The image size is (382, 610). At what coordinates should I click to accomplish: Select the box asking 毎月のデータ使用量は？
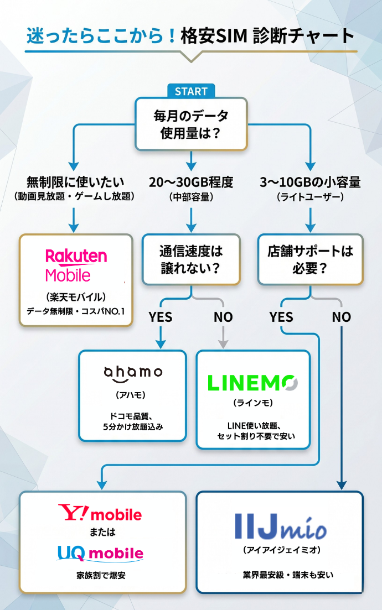coord(191,124)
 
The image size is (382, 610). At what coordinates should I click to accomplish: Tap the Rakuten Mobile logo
coord(76,265)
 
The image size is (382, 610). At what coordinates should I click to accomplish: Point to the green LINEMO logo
coord(252,383)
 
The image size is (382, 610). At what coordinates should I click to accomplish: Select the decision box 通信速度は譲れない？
coord(191,259)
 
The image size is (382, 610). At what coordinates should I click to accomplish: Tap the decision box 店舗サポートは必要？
coord(311,259)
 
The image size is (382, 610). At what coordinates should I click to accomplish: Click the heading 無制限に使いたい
coord(75,181)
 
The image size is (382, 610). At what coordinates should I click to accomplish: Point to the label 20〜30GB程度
coord(191,181)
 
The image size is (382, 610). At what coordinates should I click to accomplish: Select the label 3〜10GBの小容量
coord(310,181)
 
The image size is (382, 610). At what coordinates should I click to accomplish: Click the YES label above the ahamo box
coord(161,317)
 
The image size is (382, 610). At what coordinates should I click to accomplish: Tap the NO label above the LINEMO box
coord(223,317)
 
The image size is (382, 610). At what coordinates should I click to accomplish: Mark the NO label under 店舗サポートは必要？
coord(342,317)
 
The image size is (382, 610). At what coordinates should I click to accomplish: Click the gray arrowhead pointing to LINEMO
coord(223,344)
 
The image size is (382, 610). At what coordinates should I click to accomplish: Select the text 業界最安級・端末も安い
coord(280,575)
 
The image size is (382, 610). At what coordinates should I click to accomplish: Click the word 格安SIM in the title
coord(214,35)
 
